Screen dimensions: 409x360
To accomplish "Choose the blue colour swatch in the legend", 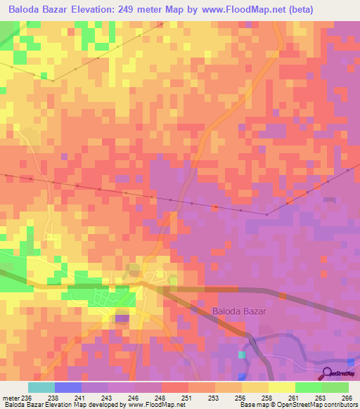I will [68, 387].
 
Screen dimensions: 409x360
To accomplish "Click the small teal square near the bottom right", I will [243, 355].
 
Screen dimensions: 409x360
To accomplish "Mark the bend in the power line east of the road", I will [267, 214].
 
